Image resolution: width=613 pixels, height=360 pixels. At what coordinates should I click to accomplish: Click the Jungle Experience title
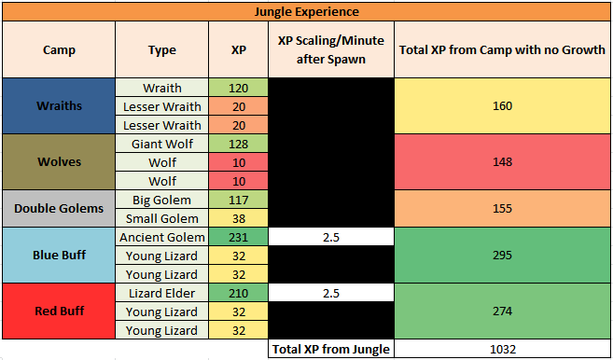click(x=306, y=12)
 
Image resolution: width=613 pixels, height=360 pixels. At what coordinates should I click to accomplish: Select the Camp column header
click(x=60, y=50)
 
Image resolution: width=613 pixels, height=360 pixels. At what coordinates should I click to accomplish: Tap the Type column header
click(x=161, y=50)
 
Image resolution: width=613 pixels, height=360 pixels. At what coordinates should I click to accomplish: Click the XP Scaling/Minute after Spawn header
click(x=330, y=50)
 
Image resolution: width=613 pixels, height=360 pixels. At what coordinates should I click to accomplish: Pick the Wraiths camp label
click(x=60, y=106)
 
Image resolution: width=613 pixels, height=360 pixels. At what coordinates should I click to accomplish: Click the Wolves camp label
click(x=60, y=161)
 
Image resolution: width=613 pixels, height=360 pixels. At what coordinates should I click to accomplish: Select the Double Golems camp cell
click(x=60, y=208)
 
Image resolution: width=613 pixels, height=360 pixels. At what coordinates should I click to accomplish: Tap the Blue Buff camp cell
click(x=60, y=255)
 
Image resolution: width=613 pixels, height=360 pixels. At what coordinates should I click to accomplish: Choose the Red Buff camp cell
click(x=60, y=311)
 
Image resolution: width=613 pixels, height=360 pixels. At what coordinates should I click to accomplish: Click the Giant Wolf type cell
click(x=161, y=144)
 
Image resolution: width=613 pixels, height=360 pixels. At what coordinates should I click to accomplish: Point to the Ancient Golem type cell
click(x=161, y=237)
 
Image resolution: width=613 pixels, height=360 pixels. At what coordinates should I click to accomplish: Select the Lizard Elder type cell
click(x=161, y=293)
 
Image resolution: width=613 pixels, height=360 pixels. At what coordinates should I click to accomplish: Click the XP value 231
click(x=238, y=237)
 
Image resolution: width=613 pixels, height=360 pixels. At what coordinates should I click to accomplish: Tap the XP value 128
click(x=238, y=144)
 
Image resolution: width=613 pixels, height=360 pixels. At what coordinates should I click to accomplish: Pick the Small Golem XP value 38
click(x=238, y=218)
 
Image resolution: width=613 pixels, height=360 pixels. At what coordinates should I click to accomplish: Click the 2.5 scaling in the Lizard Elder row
click(x=330, y=293)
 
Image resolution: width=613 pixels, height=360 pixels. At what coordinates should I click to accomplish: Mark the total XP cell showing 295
click(x=502, y=255)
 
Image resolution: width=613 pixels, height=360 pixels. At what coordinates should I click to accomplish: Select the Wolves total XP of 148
click(x=502, y=161)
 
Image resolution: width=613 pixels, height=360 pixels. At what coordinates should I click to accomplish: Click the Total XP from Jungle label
click(x=330, y=349)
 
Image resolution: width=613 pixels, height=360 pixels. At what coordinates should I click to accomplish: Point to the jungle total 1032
click(x=502, y=349)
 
